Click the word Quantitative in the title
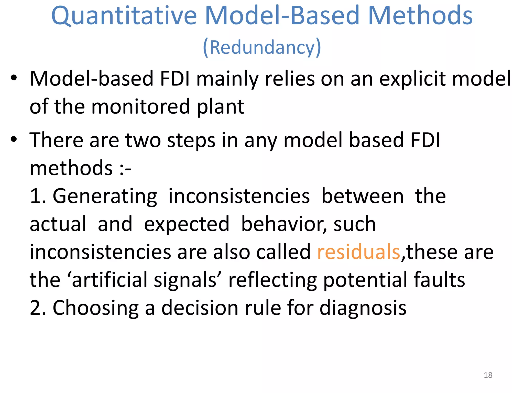tap(124, 16)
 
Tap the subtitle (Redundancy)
tap(262, 47)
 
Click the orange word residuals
tap(358, 252)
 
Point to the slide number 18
tap(488, 375)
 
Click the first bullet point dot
tap(14, 78)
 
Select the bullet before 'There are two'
tap(14, 139)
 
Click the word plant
tap(220, 107)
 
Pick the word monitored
tap(140, 107)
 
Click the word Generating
tap(105, 196)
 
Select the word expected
tap(187, 224)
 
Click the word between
tap(362, 196)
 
